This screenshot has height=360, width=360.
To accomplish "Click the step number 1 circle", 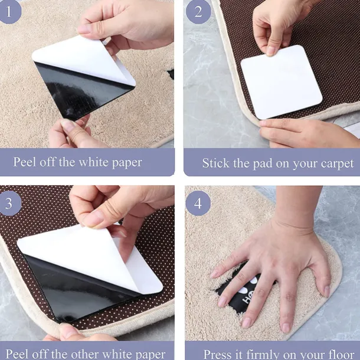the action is pos(9,11).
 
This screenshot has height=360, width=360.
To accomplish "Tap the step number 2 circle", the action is pos(198,11).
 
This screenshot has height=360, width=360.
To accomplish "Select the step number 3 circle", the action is pos(10,204).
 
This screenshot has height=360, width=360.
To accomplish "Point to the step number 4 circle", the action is pos(198,204).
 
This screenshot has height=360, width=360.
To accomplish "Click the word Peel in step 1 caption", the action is pos(25,162).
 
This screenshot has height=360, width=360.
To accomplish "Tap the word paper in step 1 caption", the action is pos(127,163).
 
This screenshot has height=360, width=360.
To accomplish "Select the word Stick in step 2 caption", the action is pos(215,163).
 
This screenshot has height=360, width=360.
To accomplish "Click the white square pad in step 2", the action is pos(282,82).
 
